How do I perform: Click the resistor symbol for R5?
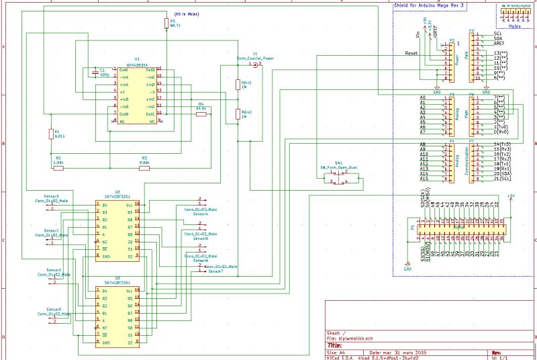tap(165, 24)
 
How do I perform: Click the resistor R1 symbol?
tap(50, 134)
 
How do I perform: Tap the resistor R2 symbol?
tap(58, 168)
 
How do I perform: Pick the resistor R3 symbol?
tap(144, 168)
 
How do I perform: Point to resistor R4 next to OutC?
tap(200, 114)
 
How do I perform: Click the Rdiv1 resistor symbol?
tap(237, 84)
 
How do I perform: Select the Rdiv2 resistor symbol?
tap(237, 114)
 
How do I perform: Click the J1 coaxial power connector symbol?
tap(254, 64)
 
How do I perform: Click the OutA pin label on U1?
tap(124, 69)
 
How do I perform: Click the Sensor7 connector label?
tap(215, 271)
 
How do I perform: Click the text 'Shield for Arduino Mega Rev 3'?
tap(428, 5)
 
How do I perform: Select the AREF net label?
tap(500, 43)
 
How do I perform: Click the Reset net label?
tap(412, 52)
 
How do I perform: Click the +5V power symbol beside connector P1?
tap(511, 197)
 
